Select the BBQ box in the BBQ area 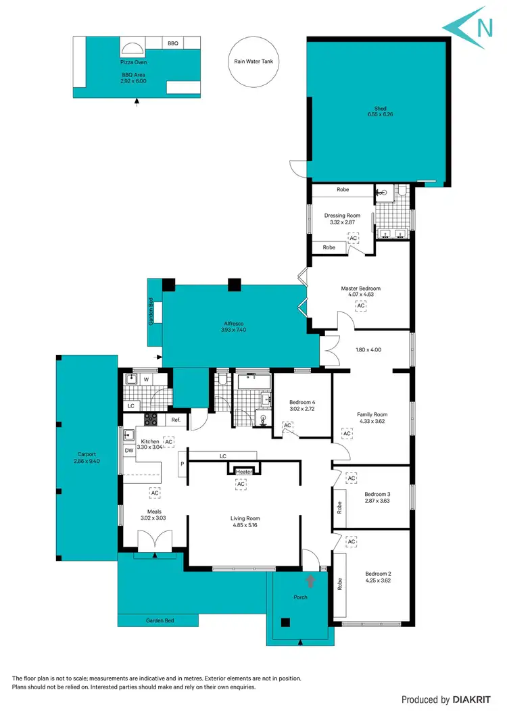173,43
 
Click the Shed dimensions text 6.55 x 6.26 380,115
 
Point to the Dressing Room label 342,216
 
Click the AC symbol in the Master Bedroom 361,305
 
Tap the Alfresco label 233,323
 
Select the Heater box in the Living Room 243,472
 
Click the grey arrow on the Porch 311,579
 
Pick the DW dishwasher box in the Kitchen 129,451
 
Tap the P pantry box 181,464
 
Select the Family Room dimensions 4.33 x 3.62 372,422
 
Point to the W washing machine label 146,379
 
